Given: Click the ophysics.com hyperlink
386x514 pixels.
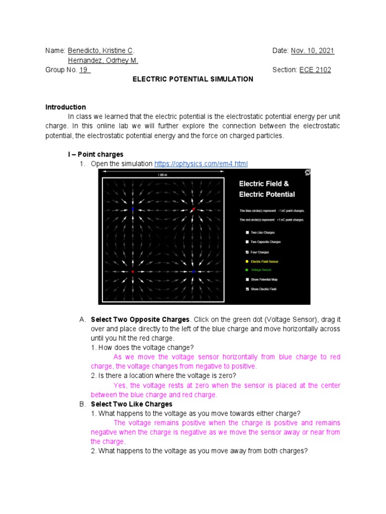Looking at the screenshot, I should tap(201, 164).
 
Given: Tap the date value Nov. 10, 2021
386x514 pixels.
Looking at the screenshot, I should tap(312, 51).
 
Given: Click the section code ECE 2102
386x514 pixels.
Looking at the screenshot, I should tap(315, 70).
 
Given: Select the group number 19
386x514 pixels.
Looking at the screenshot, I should tap(84, 70).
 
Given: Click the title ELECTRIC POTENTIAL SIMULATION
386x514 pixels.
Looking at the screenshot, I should tap(193, 79).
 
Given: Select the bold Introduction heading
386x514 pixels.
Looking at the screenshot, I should tap(66, 107).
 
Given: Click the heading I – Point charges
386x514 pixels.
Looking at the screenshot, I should tap(95, 155).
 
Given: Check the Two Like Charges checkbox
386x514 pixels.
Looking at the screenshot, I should tap(247, 233).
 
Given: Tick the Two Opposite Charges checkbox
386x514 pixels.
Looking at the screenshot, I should tap(247, 242).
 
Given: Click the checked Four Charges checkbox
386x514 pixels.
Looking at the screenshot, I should tap(247, 252).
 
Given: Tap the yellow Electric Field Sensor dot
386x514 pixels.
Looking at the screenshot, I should tap(247, 262).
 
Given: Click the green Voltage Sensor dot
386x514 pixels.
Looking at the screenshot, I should tap(247, 270).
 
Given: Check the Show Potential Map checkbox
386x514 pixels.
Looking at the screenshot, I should tap(247, 280).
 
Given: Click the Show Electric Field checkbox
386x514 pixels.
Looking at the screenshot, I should tap(247, 289).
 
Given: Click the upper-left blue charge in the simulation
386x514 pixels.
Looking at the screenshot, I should tap(133, 209).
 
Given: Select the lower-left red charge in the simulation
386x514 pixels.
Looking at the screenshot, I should tap(133, 272).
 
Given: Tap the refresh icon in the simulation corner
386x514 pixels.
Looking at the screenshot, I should tap(307, 173).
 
